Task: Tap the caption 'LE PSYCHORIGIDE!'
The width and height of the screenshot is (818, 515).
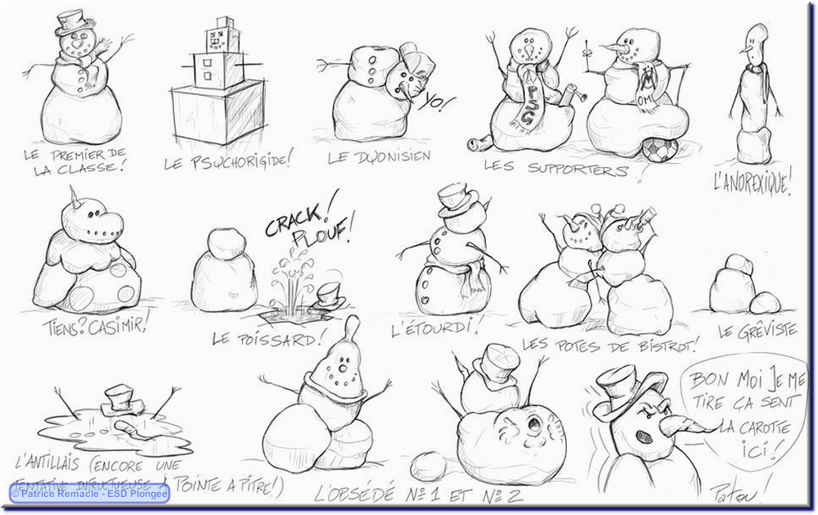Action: pyautogui.click(x=227, y=161)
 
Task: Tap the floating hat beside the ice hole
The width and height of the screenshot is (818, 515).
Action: pyautogui.click(x=330, y=294)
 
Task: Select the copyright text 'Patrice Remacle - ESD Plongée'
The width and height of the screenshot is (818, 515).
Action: pyautogui.click(x=89, y=494)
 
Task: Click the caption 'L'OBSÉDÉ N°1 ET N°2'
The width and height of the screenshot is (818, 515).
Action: pyautogui.click(x=407, y=495)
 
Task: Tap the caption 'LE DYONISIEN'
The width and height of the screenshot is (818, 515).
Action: pyautogui.click(x=379, y=157)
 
